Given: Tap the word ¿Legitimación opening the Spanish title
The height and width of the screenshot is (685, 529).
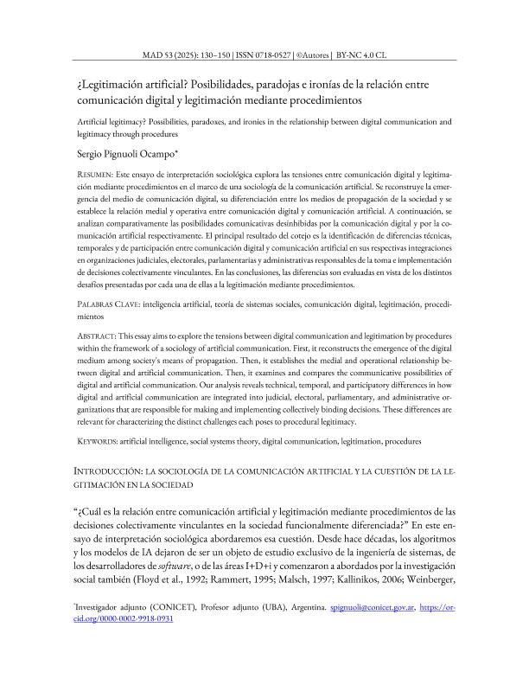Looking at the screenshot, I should (110, 86).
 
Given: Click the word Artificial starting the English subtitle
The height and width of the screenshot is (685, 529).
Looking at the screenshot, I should (92, 122).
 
